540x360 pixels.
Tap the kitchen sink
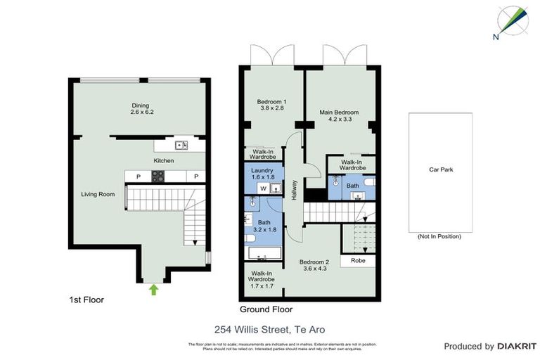point(181,146)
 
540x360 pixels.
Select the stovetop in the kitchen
point(156,177)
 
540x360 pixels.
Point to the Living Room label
point(98,194)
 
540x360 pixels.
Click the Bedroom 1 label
point(271,105)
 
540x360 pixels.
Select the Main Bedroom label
point(339,116)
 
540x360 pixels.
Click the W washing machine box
point(263,188)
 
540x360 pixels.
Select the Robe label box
point(357,260)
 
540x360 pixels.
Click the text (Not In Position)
point(439,236)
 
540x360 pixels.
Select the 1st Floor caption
point(86,300)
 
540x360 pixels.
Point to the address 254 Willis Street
point(269,329)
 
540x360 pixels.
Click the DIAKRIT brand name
point(517,347)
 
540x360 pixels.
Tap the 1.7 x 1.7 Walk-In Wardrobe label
point(261,280)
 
